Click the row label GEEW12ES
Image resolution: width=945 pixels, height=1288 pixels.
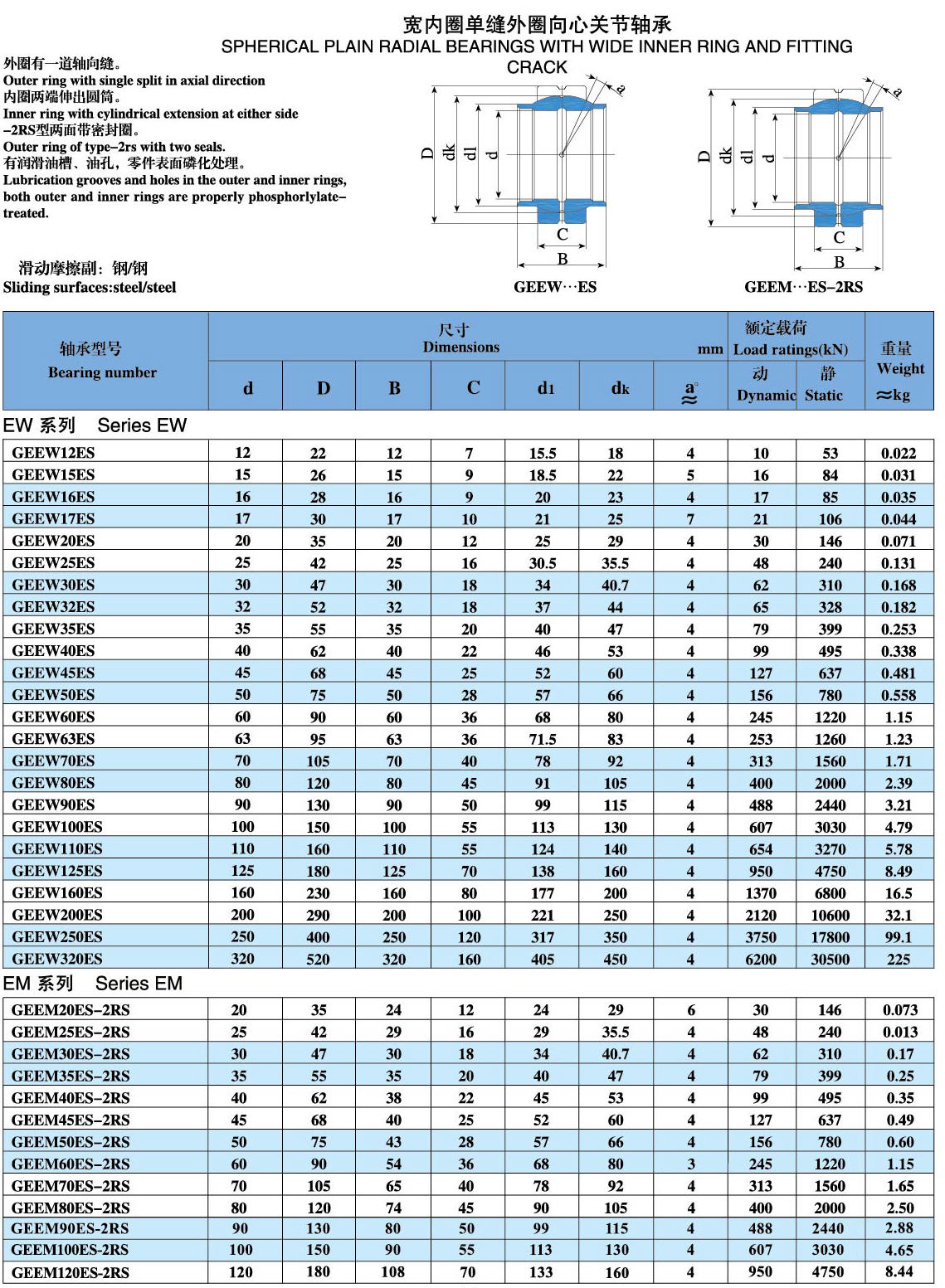53,453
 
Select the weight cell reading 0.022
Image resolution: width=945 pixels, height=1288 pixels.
899,453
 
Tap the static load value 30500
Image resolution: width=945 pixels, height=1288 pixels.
830,959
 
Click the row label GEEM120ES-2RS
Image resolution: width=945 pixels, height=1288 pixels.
71,1272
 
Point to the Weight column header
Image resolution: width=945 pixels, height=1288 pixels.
899,369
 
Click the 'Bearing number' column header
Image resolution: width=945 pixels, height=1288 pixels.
102,372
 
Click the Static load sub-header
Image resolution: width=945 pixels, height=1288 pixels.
824,395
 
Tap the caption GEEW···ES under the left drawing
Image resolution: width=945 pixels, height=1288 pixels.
554,287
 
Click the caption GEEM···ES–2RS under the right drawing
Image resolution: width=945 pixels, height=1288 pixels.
803,287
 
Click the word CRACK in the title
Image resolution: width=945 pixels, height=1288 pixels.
537,67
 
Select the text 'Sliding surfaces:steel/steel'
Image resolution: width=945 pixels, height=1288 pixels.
90,287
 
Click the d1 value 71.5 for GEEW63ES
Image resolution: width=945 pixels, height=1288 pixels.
543,739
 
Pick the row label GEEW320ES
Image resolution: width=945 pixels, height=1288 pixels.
57,959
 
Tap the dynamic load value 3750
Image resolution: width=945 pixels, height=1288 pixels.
760,937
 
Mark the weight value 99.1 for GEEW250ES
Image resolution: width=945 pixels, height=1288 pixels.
899,937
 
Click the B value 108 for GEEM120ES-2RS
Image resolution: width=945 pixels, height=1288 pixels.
393,1272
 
